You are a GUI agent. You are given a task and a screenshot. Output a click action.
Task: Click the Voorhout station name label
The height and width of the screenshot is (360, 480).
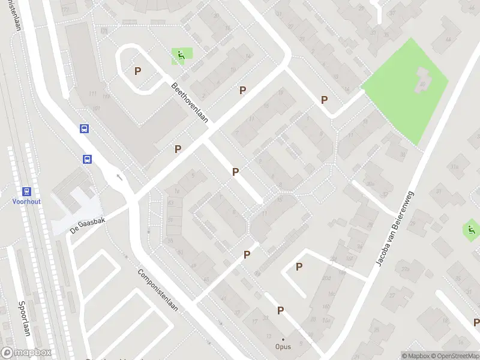(x=27, y=202)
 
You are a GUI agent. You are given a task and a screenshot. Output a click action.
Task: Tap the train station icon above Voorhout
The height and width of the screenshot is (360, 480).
(x=27, y=191)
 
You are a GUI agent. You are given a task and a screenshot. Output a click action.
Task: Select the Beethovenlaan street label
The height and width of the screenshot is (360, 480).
(x=190, y=103)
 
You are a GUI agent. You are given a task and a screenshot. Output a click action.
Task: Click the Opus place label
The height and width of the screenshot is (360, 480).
(x=283, y=346)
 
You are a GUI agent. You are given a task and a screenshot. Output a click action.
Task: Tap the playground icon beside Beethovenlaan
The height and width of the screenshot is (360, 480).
(x=180, y=56)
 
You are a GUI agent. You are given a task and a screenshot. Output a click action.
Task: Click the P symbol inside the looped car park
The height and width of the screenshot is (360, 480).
(x=137, y=71)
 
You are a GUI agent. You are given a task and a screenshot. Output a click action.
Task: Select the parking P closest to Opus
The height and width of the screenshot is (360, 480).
(x=280, y=310)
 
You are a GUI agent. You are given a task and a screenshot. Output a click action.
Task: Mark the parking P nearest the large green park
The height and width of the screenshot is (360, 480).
(x=324, y=100)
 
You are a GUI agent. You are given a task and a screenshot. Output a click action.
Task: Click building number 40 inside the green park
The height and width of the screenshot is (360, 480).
(x=422, y=85)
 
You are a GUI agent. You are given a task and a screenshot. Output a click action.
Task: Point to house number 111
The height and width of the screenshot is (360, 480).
(x=92, y=94)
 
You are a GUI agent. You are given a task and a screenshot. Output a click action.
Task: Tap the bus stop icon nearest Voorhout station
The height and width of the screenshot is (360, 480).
(x=88, y=159)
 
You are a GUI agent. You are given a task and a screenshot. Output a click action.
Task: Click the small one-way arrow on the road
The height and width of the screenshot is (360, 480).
(x=119, y=177)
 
